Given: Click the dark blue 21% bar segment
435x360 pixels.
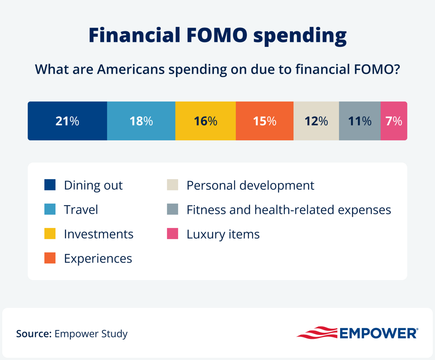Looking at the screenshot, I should coord(67,121).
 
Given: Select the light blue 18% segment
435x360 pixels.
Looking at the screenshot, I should coord(141,121).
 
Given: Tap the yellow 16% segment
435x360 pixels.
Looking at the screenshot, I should coord(205,121).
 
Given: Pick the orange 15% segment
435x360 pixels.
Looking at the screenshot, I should coord(264,121).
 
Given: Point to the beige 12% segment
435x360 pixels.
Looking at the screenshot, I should coord(316,121).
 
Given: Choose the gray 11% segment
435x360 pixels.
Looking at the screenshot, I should coord(360,121).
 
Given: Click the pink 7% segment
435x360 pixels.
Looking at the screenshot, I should coord(394,121).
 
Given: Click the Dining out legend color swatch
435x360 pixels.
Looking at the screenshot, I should coord(50,185).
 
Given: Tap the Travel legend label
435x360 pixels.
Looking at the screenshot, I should coord(81,210).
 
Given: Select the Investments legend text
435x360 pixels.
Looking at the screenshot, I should coord(98,234).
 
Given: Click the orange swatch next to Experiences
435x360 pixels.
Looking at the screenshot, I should coord(50,258).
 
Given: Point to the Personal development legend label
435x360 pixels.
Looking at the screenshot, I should coord(250,185).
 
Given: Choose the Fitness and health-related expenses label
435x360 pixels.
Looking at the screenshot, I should coord(289,210).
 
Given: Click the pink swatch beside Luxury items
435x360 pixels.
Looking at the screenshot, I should coord(173,234).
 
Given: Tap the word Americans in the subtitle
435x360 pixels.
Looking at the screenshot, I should coord(131,69).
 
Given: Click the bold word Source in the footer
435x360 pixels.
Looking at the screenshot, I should coord(34,334).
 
